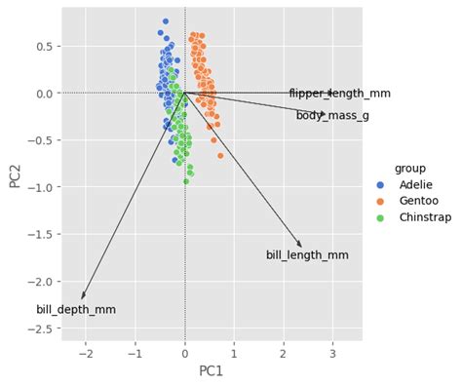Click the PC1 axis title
coord(212,371)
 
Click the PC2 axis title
coord(16,174)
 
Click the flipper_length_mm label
coord(339,94)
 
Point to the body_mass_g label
coord(332,116)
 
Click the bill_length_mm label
coord(307,255)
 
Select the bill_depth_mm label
coord(76,310)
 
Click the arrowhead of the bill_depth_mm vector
coord(83,296)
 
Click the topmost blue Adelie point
coord(166,20)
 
